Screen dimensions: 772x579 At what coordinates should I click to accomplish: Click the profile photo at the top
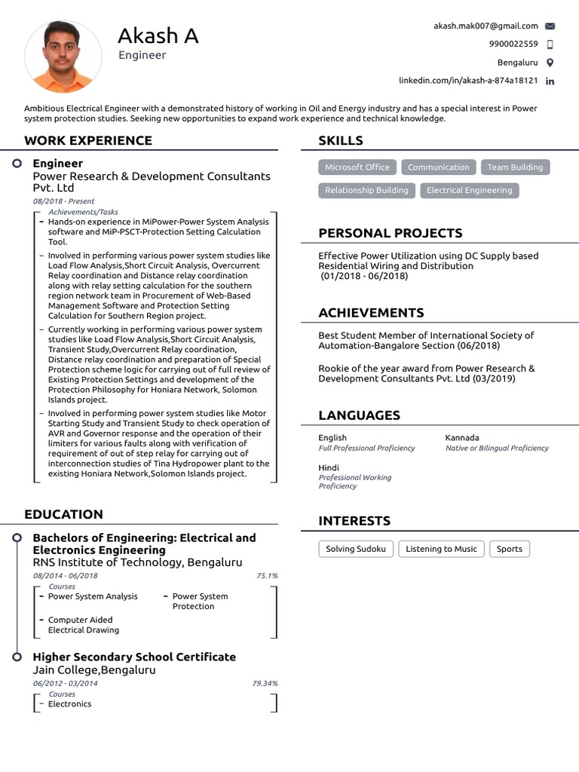tap(63, 57)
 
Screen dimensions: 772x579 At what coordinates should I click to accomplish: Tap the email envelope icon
tap(550, 26)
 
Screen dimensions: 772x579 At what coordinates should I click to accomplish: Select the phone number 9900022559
tap(513, 44)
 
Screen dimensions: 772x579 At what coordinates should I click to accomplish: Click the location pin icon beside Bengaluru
tap(550, 63)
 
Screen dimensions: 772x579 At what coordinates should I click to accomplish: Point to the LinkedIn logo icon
tap(550, 81)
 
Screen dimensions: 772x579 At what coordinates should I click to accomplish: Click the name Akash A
tap(158, 35)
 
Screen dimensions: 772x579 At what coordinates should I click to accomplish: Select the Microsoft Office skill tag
tap(357, 167)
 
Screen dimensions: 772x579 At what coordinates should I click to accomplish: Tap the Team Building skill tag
tap(515, 167)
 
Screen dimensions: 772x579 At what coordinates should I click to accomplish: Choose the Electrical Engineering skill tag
tap(469, 191)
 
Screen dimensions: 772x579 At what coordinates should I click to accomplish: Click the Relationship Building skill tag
tap(366, 191)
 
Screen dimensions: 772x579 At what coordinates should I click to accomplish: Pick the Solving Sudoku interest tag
tap(356, 549)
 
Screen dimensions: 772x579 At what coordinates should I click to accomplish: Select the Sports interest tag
tap(510, 549)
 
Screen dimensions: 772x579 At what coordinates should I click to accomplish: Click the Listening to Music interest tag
tap(441, 549)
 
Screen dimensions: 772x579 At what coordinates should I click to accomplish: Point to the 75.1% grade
tap(267, 576)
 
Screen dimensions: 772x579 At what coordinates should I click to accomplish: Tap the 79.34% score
tap(265, 684)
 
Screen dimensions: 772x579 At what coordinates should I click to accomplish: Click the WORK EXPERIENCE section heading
tap(88, 140)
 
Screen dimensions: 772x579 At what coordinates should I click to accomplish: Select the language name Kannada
tap(462, 438)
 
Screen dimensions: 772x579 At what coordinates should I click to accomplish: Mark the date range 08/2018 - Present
tap(64, 202)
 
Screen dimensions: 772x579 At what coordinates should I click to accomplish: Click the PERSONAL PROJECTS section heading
tap(391, 233)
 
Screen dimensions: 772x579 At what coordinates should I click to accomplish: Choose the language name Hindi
tap(329, 468)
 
